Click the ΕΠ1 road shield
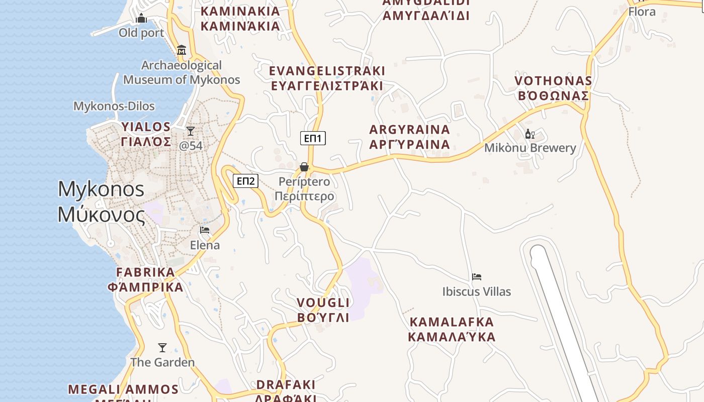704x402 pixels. click(x=313, y=138)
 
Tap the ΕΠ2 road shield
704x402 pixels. click(x=245, y=181)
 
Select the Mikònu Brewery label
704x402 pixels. click(x=530, y=148)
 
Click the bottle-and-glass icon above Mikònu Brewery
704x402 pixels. click(x=530, y=134)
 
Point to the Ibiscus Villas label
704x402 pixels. click(x=476, y=291)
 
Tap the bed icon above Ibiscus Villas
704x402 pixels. click(x=477, y=277)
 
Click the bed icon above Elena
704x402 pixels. click(x=205, y=230)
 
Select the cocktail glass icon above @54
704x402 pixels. click(x=191, y=132)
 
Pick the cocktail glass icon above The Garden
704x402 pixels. click(x=162, y=348)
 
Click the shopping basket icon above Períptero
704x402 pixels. click(x=304, y=167)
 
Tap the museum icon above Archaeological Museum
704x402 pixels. click(x=182, y=50)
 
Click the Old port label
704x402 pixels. click(x=141, y=33)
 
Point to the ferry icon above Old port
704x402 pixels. click(x=141, y=19)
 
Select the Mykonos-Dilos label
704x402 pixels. click(x=114, y=106)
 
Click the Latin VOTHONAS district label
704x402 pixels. click(x=553, y=81)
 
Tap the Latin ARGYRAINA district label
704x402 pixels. click(x=409, y=130)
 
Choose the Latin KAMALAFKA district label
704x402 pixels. click(x=452, y=322)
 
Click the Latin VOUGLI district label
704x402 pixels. click(x=323, y=303)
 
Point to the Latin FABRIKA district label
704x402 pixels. click(x=145, y=272)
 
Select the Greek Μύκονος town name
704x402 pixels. click(x=102, y=215)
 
